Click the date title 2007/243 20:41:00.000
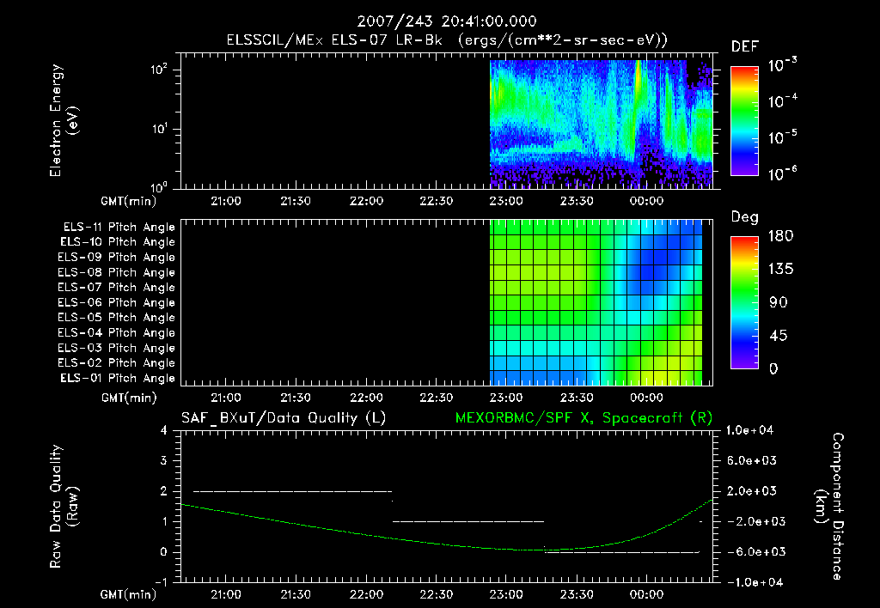(440, 21)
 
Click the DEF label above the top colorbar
(744, 46)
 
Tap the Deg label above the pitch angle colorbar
(744, 217)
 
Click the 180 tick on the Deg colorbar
(779, 236)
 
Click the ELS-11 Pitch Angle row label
(119, 228)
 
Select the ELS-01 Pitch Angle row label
(119, 379)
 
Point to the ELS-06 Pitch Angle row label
(119, 303)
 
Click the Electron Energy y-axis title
(64, 125)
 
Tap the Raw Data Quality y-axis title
(64, 507)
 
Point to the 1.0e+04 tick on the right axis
(752, 430)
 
